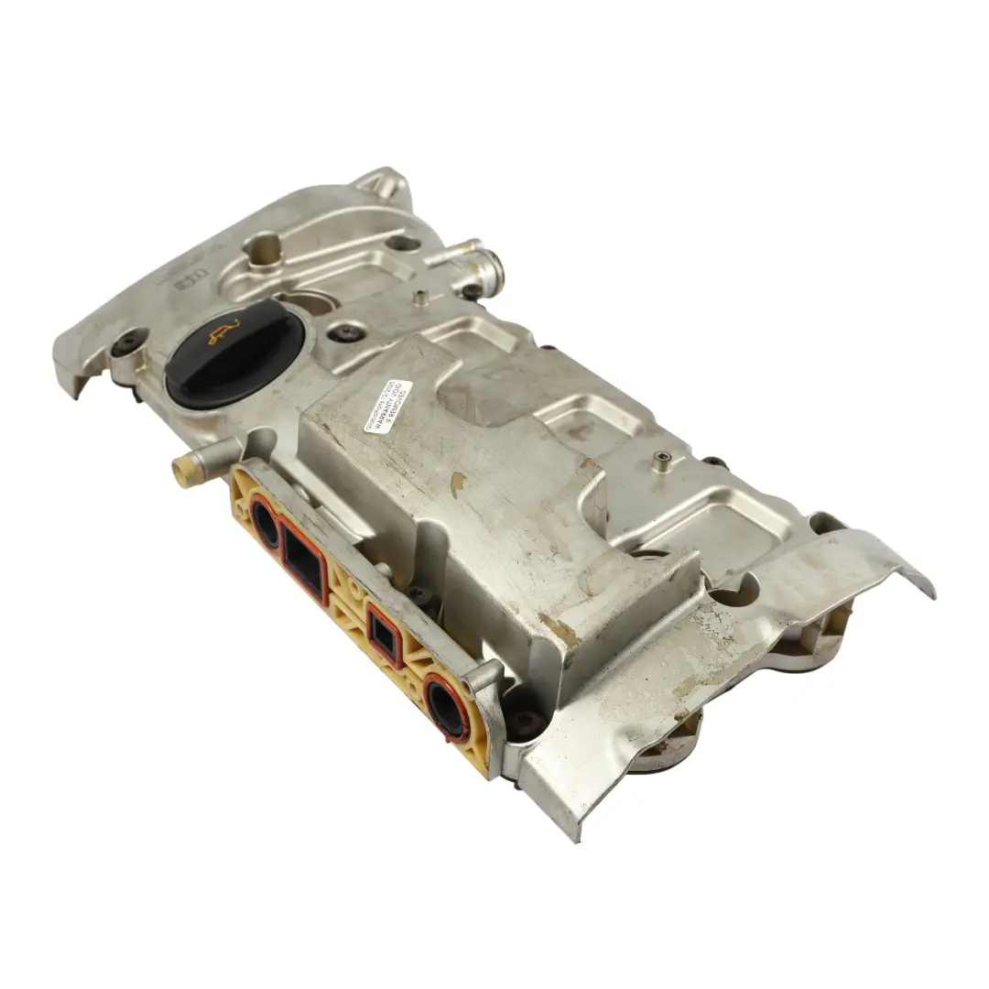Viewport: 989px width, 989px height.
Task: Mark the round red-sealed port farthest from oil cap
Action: tap(448, 706)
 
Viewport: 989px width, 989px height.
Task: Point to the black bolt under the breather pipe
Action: tap(471, 291)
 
